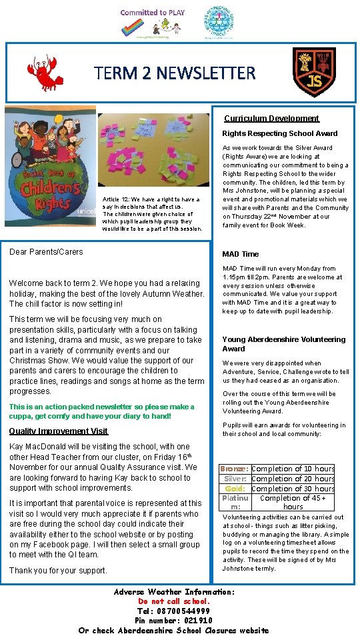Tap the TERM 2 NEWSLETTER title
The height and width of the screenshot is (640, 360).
pyautogui.click(x=175, y=73)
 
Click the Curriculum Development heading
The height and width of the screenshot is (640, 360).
pyautogui.click(x=271, y=119)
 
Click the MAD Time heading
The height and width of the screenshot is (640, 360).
pyautogui.click(x=240, y=254)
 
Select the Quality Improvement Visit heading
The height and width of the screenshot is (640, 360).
pyautogui.click(x=59, y=431)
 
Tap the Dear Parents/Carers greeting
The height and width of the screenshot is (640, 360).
pyautogui.click(x=46, y=252)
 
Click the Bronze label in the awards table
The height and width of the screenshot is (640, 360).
pyautogui.click(x=235, y=469)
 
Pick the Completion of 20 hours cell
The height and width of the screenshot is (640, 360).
pyautogui.click(x=293, y=479)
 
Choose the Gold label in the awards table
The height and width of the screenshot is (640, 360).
pyautogui.click(x=237, y=488)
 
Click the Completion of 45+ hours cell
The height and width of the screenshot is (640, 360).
pyautogui.click(x=293, y=502)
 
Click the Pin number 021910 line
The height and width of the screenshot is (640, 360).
pyautogui.click(x=173, y=621)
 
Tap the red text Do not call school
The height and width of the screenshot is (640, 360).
pyautogui.click(x=173, y=601)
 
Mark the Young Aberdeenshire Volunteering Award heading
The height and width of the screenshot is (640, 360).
pyautogui.click(x=283, y=344)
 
